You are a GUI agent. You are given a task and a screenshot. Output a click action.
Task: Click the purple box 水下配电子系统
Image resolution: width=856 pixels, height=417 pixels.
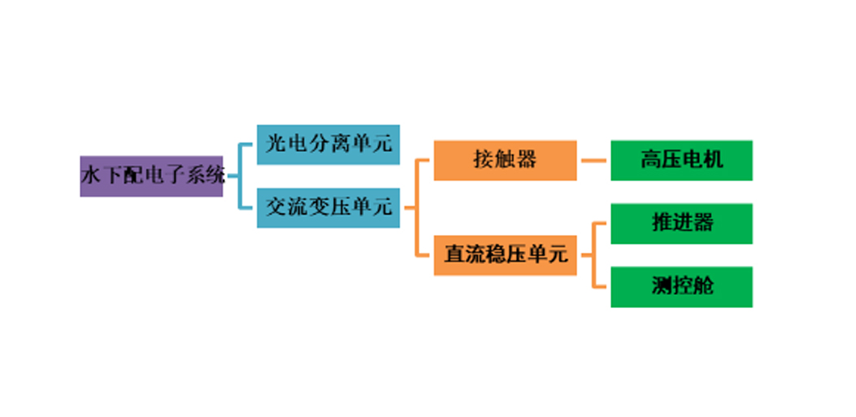point(151,176)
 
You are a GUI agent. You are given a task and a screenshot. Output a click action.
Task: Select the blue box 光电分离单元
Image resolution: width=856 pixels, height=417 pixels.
point(328,145)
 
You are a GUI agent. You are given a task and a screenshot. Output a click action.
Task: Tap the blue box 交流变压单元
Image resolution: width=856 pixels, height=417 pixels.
point(328,208)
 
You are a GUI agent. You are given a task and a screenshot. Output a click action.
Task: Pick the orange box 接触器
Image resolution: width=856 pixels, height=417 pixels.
point(505,160)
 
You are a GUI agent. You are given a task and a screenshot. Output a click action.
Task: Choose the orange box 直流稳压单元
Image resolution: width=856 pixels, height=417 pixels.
point(505,255)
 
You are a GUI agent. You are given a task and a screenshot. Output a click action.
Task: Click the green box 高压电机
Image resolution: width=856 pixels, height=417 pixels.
point(681,160)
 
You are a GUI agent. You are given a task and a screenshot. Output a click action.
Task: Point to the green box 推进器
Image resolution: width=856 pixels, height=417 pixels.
point(681,224)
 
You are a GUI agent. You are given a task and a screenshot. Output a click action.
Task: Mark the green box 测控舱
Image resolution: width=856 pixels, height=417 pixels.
point(681,287)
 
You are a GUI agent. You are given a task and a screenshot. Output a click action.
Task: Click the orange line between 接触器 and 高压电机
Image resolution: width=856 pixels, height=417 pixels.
point(593,160)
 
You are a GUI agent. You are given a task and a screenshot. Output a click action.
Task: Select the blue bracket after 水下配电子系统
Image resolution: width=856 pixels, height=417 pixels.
point(239,176)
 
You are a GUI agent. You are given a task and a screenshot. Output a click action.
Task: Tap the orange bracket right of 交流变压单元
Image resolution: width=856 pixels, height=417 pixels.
point(416,208)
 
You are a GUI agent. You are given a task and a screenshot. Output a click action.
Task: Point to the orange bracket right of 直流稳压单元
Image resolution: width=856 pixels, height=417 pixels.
point(593,255)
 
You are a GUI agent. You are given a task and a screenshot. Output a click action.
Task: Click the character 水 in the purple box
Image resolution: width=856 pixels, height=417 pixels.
point(90,176)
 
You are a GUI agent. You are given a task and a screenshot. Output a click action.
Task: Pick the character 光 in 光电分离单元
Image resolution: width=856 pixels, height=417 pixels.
point(276,144)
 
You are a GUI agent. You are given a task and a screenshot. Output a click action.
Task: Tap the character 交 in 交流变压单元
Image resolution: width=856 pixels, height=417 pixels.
point(276,207)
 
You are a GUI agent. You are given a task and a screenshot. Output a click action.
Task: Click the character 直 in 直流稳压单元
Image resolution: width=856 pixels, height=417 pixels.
point(454,255)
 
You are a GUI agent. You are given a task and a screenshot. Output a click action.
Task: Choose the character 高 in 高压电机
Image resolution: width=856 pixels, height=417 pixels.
point(650,160)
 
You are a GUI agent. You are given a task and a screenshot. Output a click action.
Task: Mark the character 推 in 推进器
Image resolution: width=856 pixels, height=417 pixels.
point(662,224)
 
